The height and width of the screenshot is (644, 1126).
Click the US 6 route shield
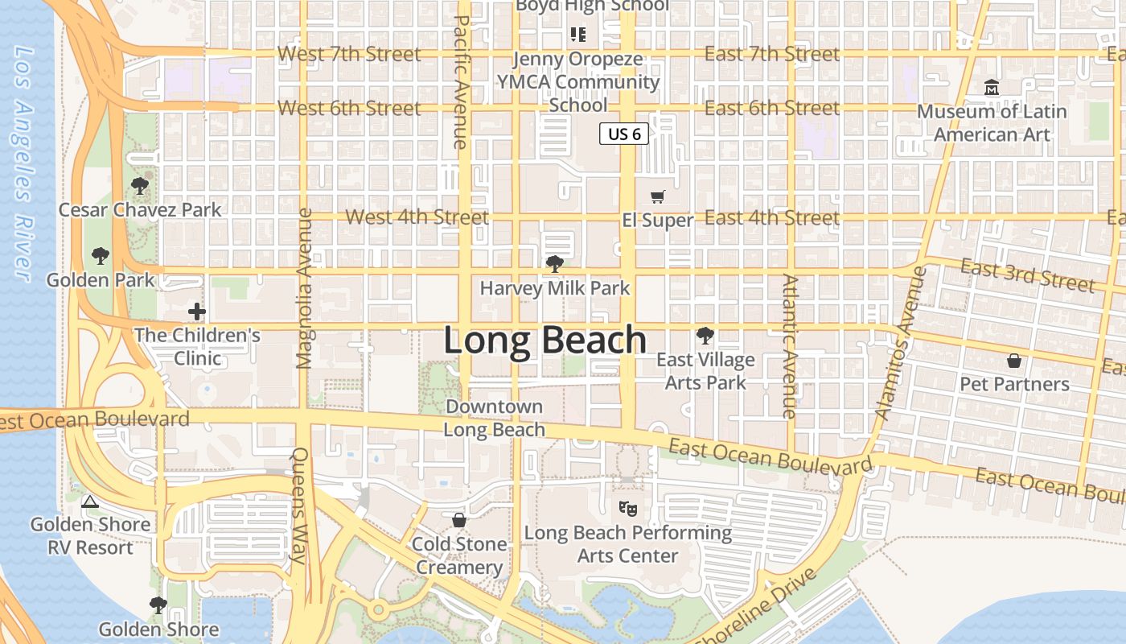(x=624, y=134)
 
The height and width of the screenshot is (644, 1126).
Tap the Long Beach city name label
(x=545, y=340)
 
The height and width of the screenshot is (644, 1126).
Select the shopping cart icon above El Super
(x=658, y=196)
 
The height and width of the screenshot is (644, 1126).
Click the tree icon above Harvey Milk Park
(x=554, y=263)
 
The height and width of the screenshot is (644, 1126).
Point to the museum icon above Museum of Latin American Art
(x=992, y=87)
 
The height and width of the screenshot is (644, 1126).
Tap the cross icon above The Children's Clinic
(x=197, y=311)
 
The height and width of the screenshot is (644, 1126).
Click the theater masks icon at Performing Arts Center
(x=627, y=508)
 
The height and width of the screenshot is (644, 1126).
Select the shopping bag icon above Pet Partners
(x=1014, y=360)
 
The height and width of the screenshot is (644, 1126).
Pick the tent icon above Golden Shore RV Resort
(x=89, y=502)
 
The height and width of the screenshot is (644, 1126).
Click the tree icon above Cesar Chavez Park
(x=140, y=186)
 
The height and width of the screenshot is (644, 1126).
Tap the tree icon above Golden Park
(x=101, y=256)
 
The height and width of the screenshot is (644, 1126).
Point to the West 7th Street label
(x=349, y=54)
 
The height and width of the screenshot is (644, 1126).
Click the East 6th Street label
(x=771, y=108)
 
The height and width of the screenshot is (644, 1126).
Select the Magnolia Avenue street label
(x=304, y=288)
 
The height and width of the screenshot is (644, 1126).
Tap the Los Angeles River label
(x=25, y=165)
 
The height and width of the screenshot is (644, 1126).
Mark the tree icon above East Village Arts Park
(x=705, y=335)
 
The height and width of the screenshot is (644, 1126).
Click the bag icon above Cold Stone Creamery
(x=459, y=520)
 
